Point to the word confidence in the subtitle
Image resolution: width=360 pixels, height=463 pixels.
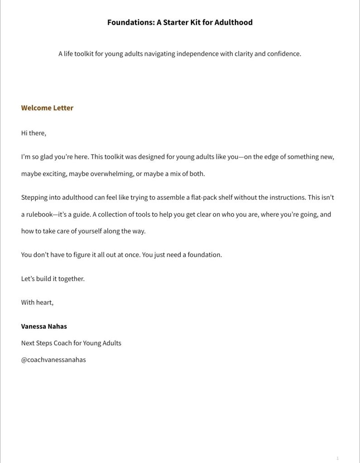coord(284,54)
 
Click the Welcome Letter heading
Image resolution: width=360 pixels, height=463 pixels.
coord(47,108)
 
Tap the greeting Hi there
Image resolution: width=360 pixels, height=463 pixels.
coord(34,133)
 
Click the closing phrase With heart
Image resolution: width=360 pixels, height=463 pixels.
coord(37,302)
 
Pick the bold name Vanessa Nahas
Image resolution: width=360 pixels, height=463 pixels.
coord(44,326)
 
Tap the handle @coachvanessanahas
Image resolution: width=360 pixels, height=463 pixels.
coord(53,360)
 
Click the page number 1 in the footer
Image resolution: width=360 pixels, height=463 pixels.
coord(337,458)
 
